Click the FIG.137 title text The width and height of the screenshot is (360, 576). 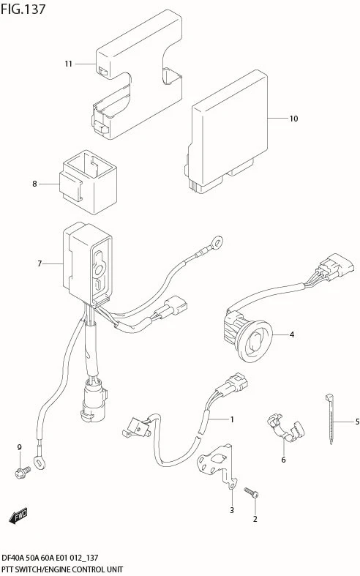tap(23, 9)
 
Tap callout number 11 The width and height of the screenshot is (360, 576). tap(68, 64)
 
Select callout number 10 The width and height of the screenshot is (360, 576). tap(293, 119)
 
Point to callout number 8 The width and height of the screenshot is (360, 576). tap(34, 184)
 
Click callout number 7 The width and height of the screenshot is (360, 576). tap(40, 263)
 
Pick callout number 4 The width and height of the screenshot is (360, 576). tap(292, 334)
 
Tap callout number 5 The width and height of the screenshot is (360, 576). tap(357, 422)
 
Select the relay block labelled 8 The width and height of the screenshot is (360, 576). tap(89, 182)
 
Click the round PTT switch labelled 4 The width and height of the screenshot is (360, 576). tap(248, 334)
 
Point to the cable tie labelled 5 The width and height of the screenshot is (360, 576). tap(330, 419)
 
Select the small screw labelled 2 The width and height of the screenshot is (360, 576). tap(251, 493)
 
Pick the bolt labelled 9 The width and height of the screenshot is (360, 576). tap(23, 472)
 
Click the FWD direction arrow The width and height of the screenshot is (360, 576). tap(18, 516)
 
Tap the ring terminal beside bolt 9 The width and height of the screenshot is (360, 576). tap(40, 461)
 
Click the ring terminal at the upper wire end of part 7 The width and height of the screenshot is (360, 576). tap(217, 242)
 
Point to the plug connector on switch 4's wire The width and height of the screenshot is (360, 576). tap(335, 267)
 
